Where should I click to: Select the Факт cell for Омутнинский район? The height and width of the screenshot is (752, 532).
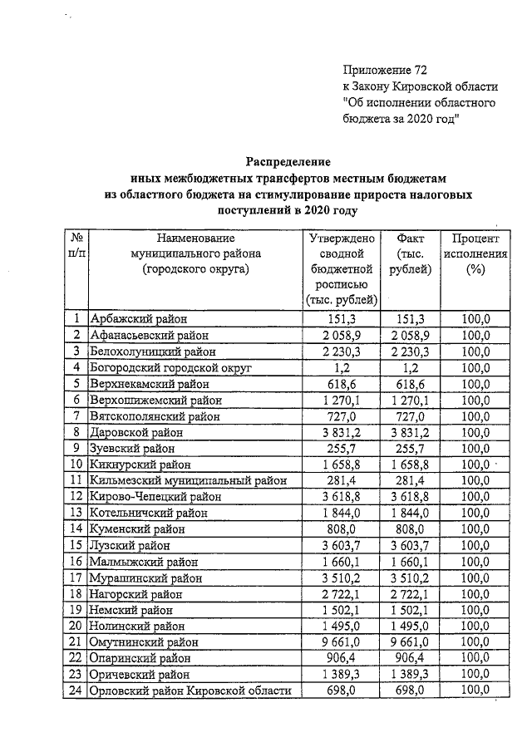pyautogui.click(x=406, y=642)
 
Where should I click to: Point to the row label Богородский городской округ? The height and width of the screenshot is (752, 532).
pyautogui.click(x=174, y=367)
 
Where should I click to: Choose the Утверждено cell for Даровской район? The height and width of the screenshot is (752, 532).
pyautogui.click(x=342, y=432)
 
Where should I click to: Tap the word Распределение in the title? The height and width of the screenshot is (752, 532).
pyautogui.click(x=288, y=160)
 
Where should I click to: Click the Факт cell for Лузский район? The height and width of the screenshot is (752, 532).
pyautogui.click(x=406, y=545)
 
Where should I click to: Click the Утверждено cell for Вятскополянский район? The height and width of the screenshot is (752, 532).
pyautogui.click(x=342, y=415)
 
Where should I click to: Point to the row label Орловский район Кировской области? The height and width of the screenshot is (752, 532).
pyautogui.click(x=190, y=691)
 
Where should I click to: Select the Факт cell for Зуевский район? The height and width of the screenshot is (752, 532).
pyautogui.click(x=406, y=448)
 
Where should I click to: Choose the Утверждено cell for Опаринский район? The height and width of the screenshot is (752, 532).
pyautogui.click(x=342, y=658)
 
